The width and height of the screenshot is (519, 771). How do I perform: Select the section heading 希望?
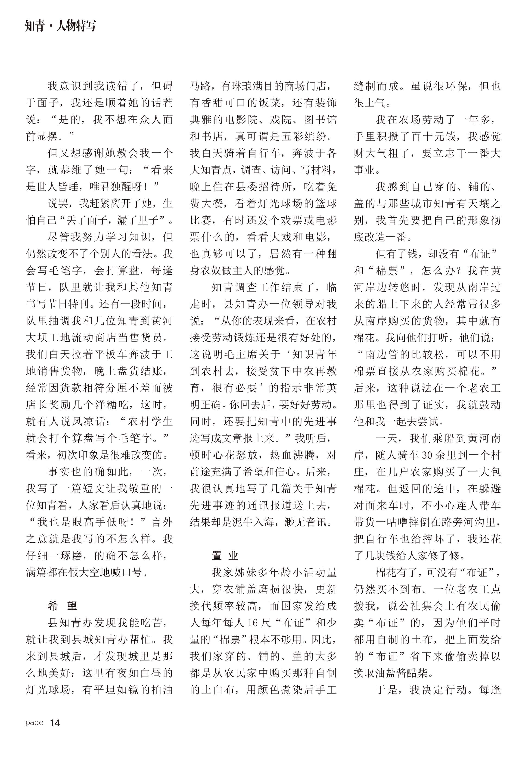[62, 606]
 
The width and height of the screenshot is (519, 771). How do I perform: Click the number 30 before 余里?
[427, 455]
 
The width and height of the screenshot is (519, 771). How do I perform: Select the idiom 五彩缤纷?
[305, 136]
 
